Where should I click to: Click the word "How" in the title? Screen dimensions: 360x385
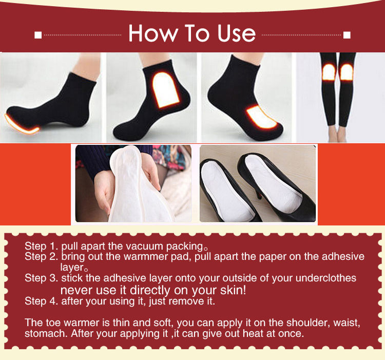150,33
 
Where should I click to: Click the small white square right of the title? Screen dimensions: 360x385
347,35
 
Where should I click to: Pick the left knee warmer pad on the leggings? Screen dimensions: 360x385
329,71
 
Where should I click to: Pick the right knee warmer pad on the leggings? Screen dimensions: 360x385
347,71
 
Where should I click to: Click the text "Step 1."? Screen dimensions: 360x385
41,246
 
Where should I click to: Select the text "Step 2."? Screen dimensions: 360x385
41,256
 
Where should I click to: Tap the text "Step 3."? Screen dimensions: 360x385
41,278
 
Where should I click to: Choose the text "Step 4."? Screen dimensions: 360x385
41,301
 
